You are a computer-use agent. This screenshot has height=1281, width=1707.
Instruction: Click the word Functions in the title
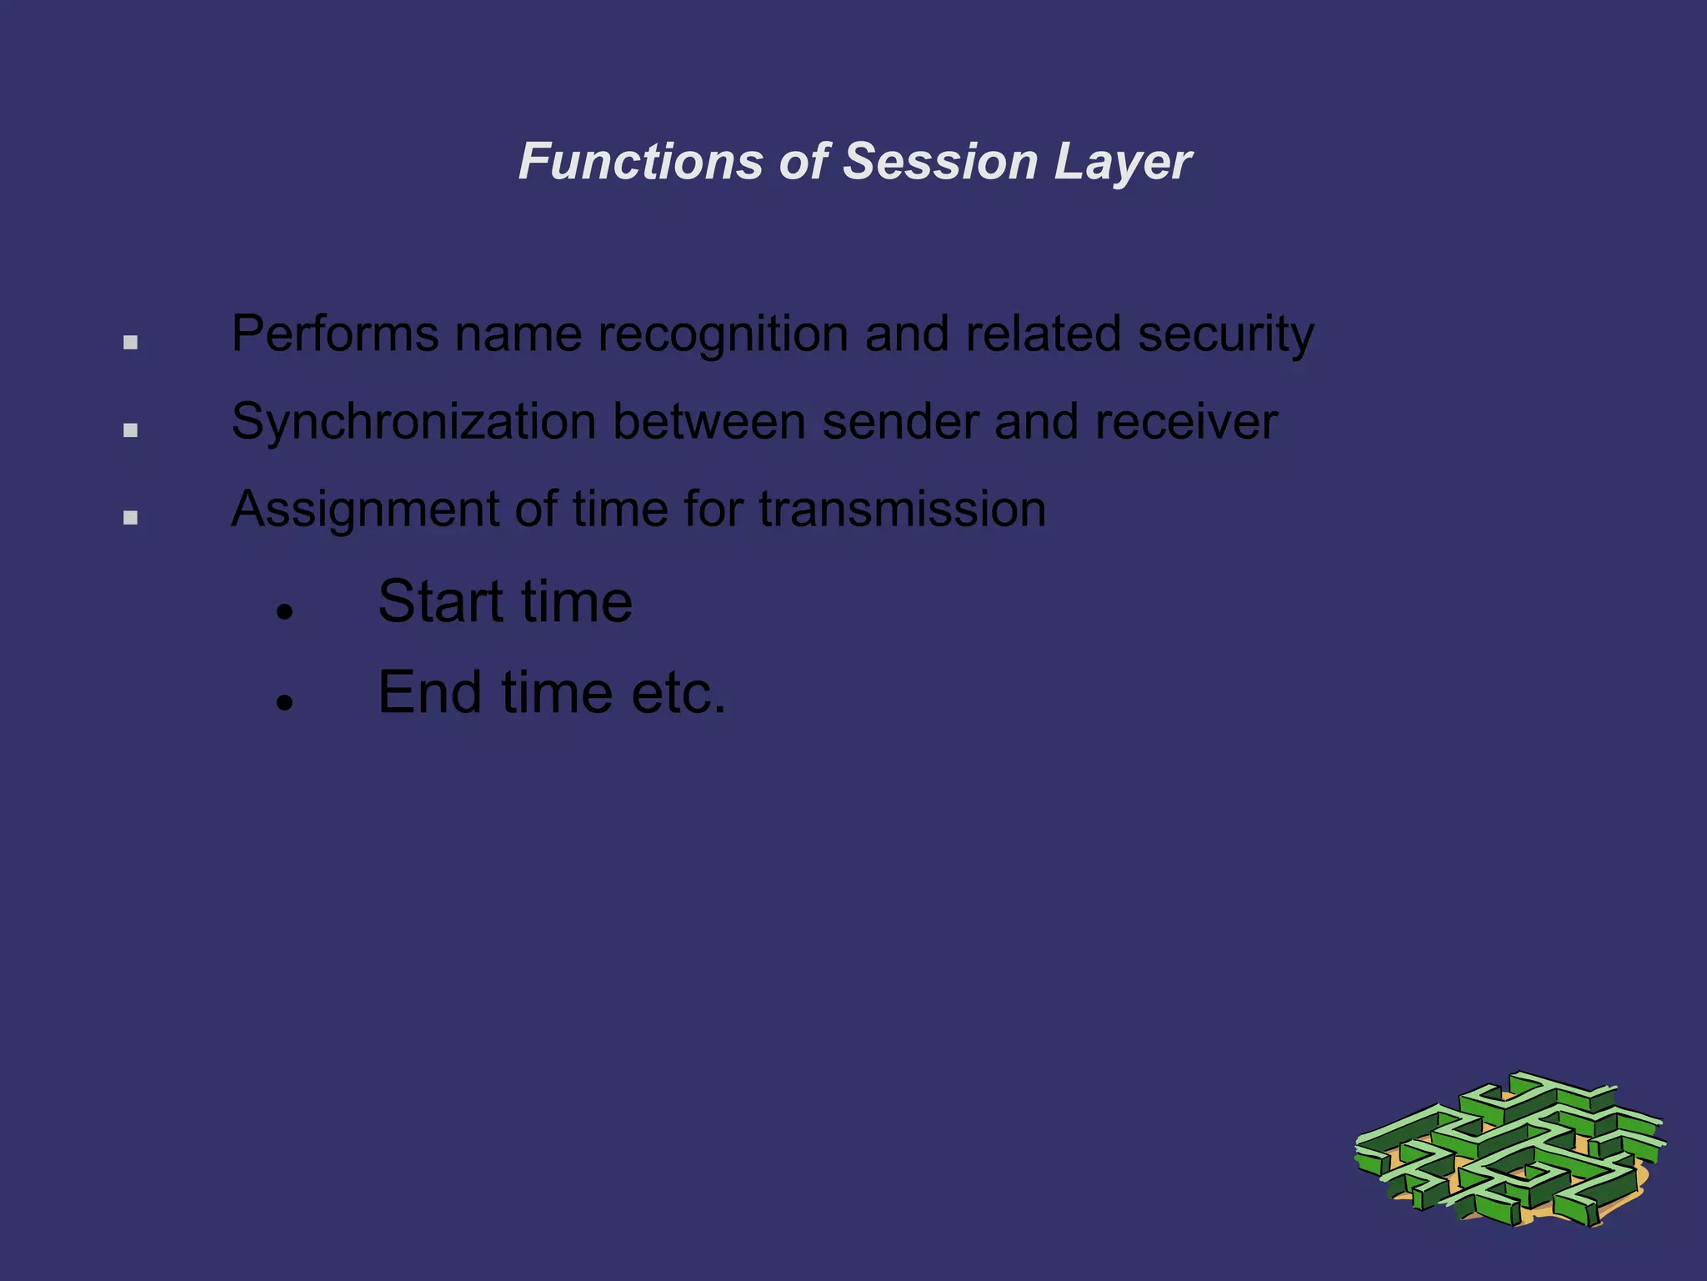coord(640,161)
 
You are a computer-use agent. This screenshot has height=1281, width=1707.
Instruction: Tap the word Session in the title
coord(939,161)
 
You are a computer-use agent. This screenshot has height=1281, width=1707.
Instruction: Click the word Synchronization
coord(413,423)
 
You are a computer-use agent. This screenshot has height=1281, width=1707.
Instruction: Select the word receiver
coord(1185,422)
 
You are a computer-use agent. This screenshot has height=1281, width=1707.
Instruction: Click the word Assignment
coord(364,510)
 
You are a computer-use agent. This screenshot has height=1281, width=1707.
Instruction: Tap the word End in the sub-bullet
coord(429,692)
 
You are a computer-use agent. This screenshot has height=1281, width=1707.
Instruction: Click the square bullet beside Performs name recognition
coord(130,342)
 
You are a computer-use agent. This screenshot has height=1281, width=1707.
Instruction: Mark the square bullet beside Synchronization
coord(130,430)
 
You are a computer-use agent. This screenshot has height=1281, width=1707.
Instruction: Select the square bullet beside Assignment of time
coord(130,518)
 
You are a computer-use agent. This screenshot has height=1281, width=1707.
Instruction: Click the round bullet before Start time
coord(285,613)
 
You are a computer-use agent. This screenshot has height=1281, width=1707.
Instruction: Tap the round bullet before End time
coord(285,703)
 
